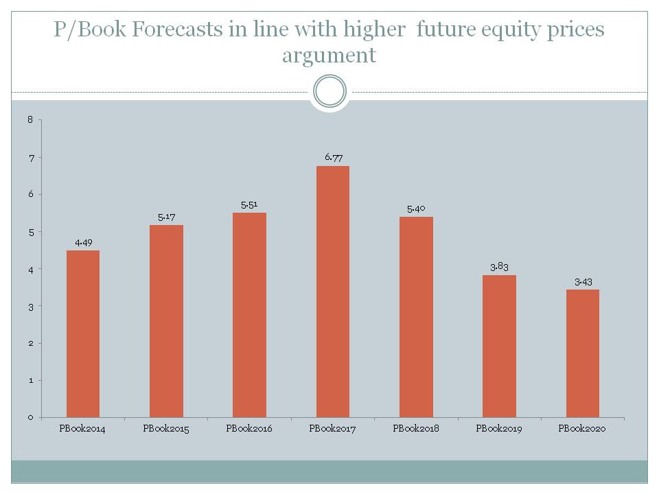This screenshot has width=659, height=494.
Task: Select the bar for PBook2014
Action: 83,333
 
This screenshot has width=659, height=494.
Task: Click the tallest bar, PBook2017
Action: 333,292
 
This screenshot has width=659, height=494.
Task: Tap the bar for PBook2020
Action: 583,353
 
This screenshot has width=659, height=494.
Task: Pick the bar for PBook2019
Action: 500,346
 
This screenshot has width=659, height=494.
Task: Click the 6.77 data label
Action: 334,157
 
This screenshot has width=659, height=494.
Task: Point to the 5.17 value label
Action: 166,217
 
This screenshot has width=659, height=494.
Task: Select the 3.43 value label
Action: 583,281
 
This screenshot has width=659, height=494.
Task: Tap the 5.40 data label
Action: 417,209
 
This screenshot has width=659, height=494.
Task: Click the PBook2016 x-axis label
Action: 249,429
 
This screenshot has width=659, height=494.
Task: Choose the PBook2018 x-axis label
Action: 416,429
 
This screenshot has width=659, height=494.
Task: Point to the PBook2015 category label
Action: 166,429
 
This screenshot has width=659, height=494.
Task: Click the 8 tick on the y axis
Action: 30,120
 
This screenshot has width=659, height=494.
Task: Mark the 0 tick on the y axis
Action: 30,417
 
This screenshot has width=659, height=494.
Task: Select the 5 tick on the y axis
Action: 30,232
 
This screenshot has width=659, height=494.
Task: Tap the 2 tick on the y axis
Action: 30,343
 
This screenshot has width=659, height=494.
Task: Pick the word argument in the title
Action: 329,55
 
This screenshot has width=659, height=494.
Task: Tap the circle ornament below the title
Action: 329,91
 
